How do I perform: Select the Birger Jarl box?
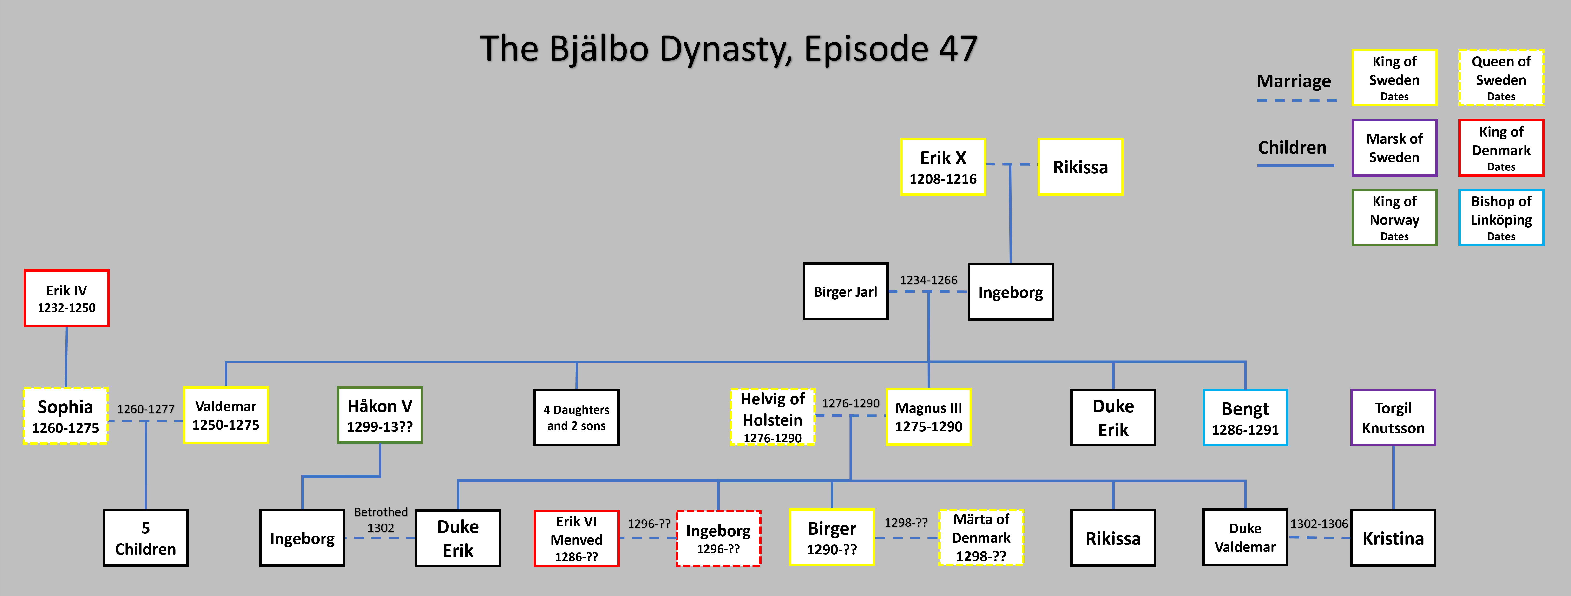coord(845,292)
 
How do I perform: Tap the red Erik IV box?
coord(66,298)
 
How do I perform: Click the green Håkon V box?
coord(379,415)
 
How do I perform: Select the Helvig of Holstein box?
coord(772,417)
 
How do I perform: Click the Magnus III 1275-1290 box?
coord(928,417)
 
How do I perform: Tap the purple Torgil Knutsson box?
coord(1393,418)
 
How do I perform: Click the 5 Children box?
coord(145,538)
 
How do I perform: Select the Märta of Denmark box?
coord(981,537)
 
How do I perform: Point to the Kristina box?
coord(1393,538)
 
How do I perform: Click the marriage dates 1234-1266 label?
coord(928,280)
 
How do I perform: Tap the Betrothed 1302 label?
coord(381,520)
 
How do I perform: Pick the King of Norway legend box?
coord(1394,218)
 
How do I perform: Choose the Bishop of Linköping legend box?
coord(1501,218)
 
